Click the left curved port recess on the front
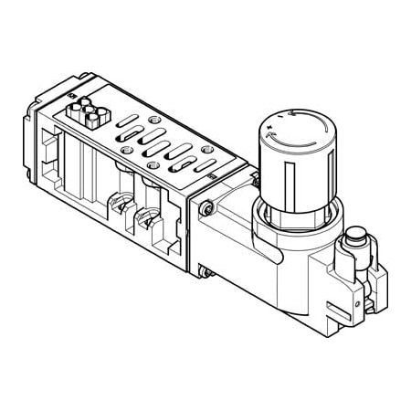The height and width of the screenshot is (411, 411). pyautogui.click(x=116, y=207)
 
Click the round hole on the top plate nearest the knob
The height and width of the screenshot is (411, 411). pyautogui.click(x=208, y=149)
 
